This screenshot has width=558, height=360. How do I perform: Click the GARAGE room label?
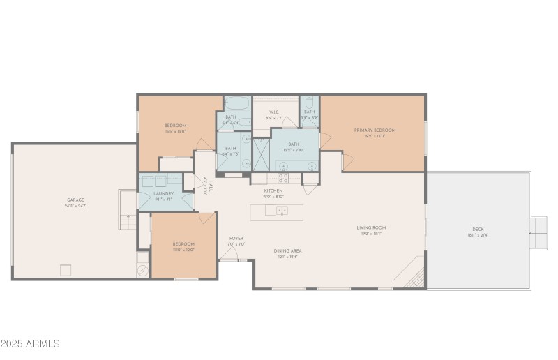[75, 200]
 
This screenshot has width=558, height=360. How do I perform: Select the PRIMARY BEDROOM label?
[375, 130]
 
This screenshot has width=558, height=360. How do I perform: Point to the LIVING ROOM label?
[370, 227]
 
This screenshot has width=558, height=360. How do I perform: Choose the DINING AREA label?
[288, 250]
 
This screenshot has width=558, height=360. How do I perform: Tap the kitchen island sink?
[280, 211]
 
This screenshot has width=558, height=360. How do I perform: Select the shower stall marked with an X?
[261, 154]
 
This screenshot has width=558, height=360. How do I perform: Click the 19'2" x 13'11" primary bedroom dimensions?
[375, 137]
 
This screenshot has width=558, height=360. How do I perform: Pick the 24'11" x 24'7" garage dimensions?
[75, 206]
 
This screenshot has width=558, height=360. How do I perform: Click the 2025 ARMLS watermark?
[31, 344]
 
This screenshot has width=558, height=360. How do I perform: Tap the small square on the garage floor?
[66, 269]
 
